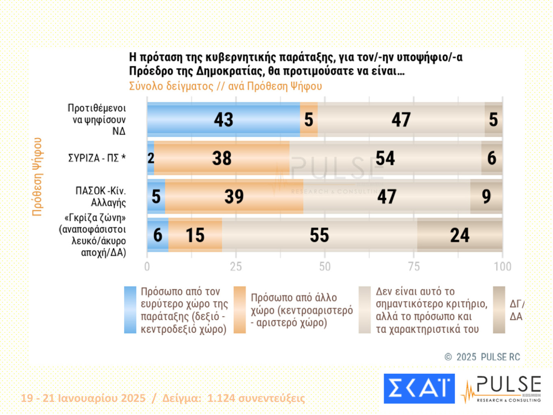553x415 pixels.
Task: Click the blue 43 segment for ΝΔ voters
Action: click(x=223, y=120)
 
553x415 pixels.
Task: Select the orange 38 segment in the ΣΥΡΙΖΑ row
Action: click(x=222, y=158)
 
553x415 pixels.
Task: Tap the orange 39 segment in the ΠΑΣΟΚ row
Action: click(x=234, y=197)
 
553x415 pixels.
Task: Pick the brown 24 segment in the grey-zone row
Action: click(x=459, y=235)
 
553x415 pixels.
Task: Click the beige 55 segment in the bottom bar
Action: click(x=319, y=235)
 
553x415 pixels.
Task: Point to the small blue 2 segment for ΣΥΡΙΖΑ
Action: click(x=150, y=158)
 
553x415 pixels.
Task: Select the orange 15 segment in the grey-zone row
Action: click(x=195, y=235)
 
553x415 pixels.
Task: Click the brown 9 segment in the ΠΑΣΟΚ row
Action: click(x=486, y=197)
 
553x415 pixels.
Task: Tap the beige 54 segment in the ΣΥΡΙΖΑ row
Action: click(x=385, y=158)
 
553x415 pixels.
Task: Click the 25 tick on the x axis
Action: click(x=236, y=266)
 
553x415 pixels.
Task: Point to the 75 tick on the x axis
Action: click(x=414, y=266)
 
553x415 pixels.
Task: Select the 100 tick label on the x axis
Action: click(x=502, y=266)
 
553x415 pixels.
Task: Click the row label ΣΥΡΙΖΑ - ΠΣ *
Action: click(x=97, y=158)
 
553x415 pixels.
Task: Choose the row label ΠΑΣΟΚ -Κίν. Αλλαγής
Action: click(x=100, y=197)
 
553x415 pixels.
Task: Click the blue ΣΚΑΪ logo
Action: click(x=419, y=389)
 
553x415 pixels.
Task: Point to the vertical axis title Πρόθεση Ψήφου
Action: click(x=37, y=177)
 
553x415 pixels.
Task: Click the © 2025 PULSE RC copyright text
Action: click(x=482, y=357)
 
